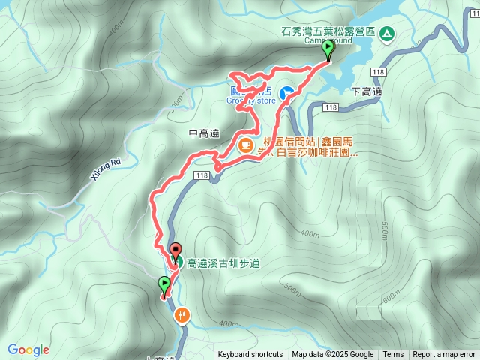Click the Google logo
pos(28,349)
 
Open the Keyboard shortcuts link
pos(250,355)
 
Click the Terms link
pos(393,355)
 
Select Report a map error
pos(444,355)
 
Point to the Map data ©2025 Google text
pos(332,355)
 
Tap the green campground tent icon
pos(386,33)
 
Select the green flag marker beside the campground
pos(328,49)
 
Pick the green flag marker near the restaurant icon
pos(164,285)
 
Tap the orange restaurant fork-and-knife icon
pos(181,316)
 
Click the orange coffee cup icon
pos(245,145)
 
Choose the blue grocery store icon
pos(286,94)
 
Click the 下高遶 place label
pos(367,91)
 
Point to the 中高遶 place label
pos(204,133)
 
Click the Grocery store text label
pos(250,99)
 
